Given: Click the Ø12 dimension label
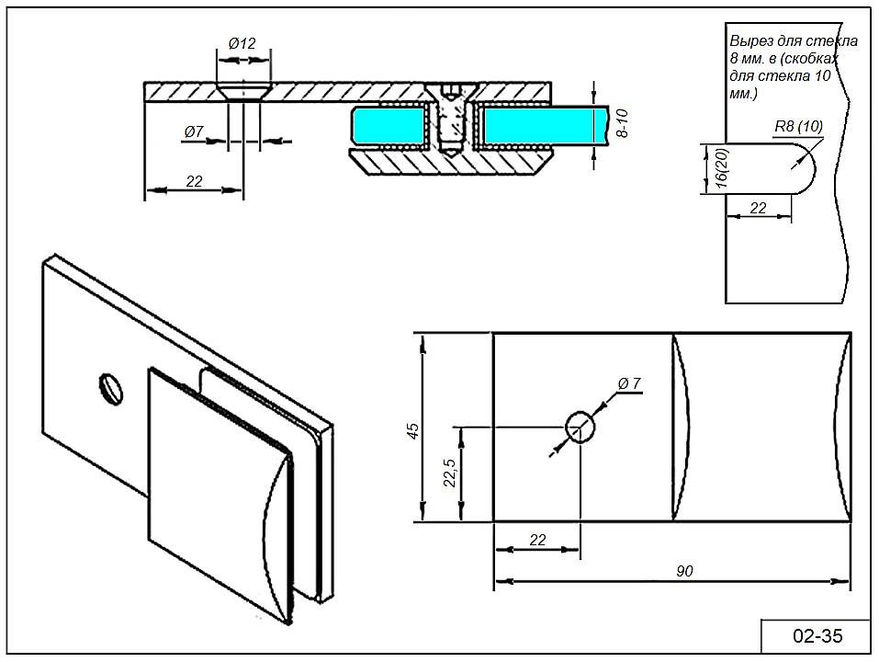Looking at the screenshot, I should [x=242, y=42].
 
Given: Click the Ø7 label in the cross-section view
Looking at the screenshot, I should [x=194, y=131].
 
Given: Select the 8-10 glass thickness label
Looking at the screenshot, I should [x=622, y=122].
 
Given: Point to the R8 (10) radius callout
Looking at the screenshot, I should [x=797, y=126].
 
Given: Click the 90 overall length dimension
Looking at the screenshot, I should [x=684, y=571].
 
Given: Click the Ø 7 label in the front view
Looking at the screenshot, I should [x=630, y=382].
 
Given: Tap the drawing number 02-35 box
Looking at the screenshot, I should [x=817, y=635].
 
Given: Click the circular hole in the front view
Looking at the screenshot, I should [x=580, y=427].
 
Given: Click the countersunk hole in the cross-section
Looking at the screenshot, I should [x=243, y=92].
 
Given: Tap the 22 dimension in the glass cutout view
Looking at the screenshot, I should [x=758, y=208].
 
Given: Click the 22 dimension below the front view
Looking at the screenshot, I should [x=538, y=540].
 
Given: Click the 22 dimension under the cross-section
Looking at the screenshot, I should [x=194, y=181].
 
